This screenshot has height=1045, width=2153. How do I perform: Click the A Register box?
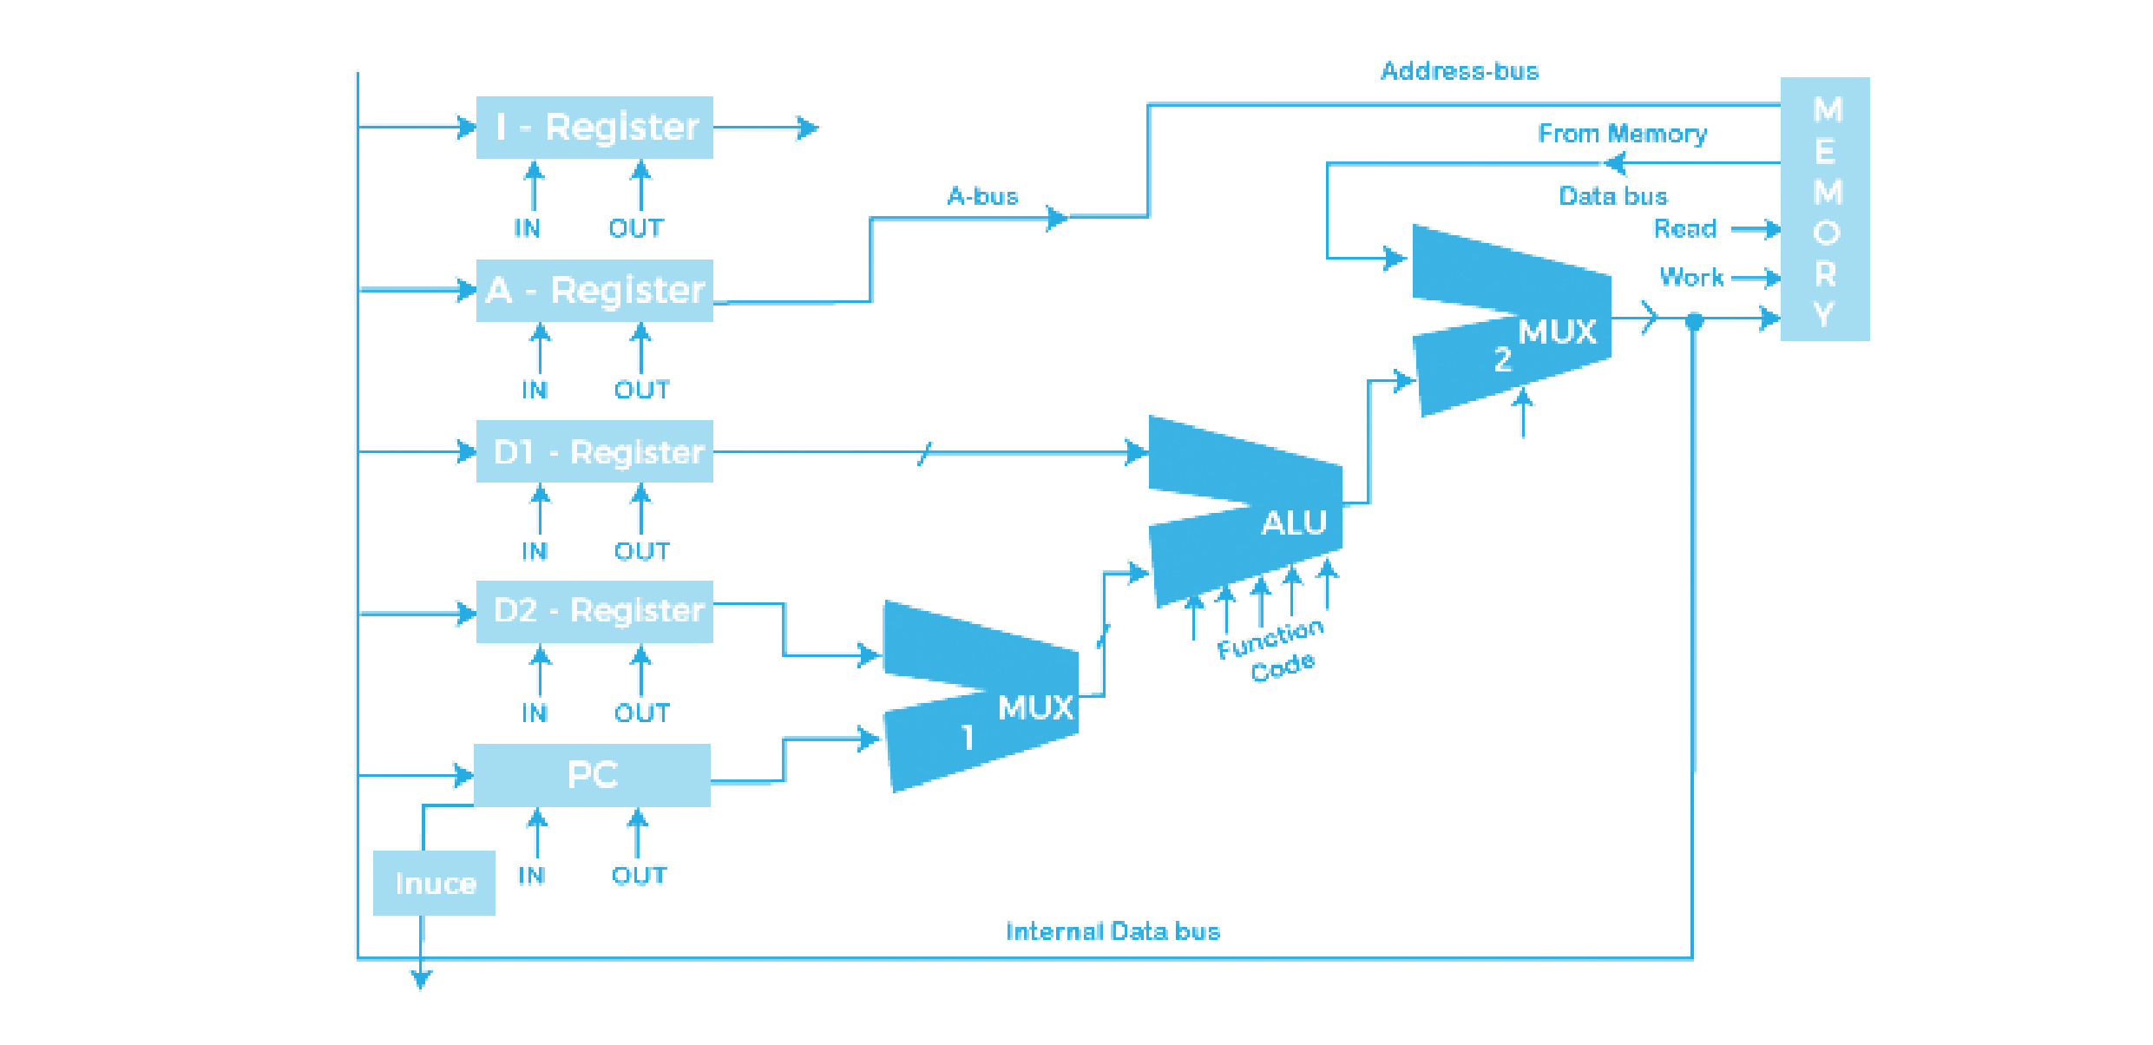[594, 291]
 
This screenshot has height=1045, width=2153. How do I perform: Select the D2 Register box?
[594, 613]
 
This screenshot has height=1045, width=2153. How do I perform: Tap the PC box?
[592, 774]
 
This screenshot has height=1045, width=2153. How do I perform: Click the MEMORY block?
[1824, 208]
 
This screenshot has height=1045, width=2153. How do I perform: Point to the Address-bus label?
[1460, 71]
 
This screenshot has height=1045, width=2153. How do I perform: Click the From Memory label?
[1621, 134]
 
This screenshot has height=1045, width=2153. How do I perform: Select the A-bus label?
[982, 196]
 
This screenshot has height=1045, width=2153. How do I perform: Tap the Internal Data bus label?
[1113, 931]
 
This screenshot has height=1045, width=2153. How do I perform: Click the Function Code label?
[1272, 651]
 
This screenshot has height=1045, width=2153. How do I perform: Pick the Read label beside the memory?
[1684, 228]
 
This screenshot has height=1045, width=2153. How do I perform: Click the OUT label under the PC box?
[639, 875]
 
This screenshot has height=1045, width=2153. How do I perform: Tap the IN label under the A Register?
[535, 391]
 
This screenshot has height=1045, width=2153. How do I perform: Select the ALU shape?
[1245, 512]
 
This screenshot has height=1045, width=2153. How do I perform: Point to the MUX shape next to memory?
[1512, 321]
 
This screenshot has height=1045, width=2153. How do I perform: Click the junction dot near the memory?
[1693, 321]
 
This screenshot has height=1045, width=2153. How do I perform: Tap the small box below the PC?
[434, 883]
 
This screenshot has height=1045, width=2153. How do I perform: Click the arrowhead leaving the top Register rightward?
[809, 128]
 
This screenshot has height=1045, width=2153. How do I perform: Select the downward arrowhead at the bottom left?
[421, 979]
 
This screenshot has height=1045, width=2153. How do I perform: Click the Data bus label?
[1613, 196]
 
